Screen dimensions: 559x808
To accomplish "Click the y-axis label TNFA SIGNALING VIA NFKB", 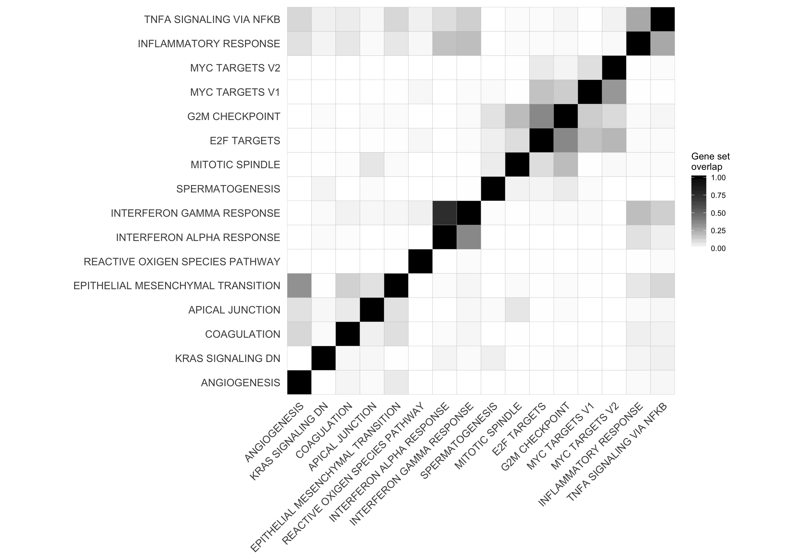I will click(x=212, y=20).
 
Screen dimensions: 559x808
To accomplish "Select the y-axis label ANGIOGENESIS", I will click(x=241, y=383).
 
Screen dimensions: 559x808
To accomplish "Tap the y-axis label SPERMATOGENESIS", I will click(x=228, y=189).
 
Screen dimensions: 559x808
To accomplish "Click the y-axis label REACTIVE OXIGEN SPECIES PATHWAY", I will click(x=182, y=262).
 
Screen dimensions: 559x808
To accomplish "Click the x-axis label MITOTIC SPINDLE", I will click(x=488, y=436).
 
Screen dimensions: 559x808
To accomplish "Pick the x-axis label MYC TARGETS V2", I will click(x=585, y=436).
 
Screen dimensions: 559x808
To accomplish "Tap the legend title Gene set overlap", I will click(x=710, y=161).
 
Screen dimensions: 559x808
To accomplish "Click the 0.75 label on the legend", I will click(x=718, y=195).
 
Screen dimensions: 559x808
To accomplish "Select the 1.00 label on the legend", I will click(x=718, y=178).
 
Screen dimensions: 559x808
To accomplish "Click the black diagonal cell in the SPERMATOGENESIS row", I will click(x=493, y=189).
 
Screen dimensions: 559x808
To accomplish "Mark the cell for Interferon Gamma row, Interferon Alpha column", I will click(x=444, y=213).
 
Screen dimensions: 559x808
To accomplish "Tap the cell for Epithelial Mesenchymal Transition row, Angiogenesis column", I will click(x=299, y=285).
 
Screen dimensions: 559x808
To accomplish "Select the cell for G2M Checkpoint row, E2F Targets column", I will click(x=541, y=116).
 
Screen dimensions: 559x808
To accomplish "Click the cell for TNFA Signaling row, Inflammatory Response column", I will click(x=638, y=19).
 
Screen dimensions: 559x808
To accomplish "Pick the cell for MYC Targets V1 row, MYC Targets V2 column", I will click(x=614, y=92).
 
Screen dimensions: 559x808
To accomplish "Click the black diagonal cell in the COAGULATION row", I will click(x=348, y=334).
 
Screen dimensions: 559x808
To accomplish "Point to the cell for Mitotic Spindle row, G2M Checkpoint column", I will click(x=566, y=165).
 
